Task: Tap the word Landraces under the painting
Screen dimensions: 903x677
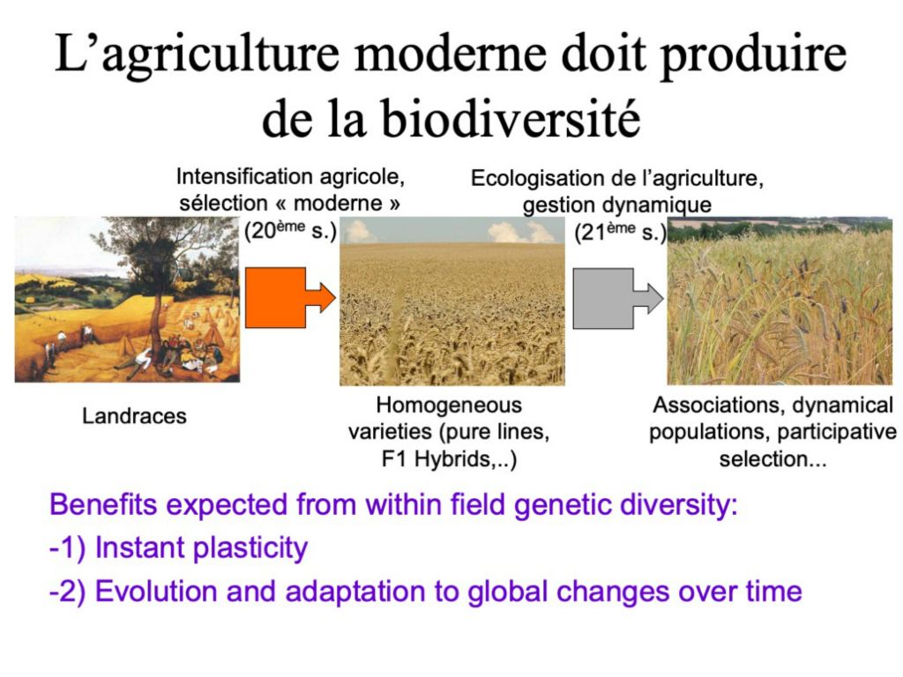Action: pos(134,416)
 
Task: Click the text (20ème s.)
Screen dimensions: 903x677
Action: pos(290,230)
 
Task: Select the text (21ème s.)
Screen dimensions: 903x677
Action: pos(620,232)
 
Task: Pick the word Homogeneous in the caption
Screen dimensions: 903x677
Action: pos(449,405)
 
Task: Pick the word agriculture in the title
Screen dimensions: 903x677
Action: pos(220,55)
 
